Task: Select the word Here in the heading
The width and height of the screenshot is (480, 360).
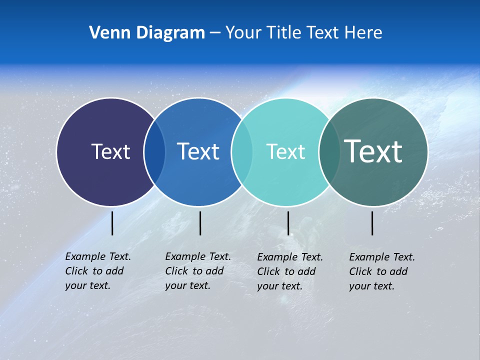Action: click(x=363, y=33)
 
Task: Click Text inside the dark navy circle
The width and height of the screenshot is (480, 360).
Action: click(x=110, y=151)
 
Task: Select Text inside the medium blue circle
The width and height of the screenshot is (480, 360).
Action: click(x=198, y=151)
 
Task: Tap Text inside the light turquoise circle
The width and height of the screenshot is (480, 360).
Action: click(x=285, y=151)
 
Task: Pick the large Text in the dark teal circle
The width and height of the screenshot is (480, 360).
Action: click(x=373, y=151)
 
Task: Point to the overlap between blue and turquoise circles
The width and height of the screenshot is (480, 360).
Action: click(x=241, y=152)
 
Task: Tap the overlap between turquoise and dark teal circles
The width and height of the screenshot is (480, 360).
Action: click(x=329, y=152)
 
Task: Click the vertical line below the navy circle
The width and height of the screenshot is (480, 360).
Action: click(x=112, y=223)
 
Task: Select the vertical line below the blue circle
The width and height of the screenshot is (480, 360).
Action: click(x=200, y=223)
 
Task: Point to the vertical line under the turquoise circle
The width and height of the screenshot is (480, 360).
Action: click(x=288, y=223)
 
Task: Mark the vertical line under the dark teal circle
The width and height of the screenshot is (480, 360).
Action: click(x=372, y=223)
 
